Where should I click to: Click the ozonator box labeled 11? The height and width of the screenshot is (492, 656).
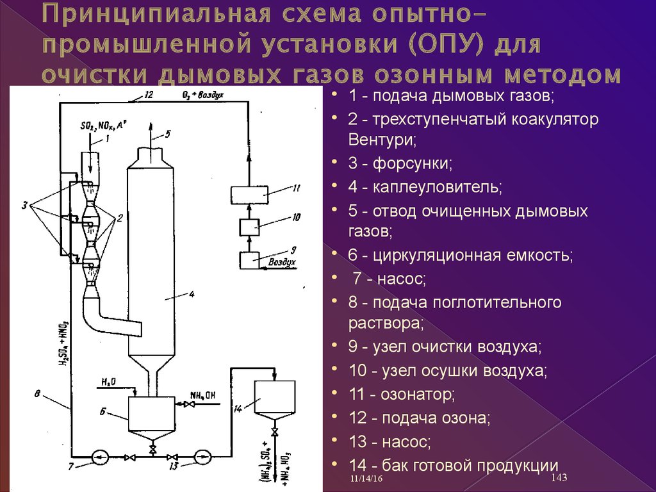(x=249, y=195)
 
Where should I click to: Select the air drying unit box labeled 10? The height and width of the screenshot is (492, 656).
(x=249, y=227)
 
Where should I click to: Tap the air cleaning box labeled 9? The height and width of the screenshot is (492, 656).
(x=249, y=260)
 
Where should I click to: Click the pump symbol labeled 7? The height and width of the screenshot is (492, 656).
(x=99, y=457)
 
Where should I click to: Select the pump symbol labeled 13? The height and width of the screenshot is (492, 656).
(x=202, y=457)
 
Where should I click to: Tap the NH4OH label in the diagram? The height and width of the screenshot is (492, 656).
(x=202, y=395)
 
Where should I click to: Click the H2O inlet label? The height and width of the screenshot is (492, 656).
(x=109, y=382)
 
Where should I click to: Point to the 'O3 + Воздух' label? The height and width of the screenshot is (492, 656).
(x=203, y=95)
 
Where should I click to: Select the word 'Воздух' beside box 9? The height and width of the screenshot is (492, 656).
(x=282, y=262)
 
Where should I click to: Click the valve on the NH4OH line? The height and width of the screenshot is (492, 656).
(x=190, y=404)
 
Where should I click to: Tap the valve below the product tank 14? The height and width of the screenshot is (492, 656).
(x=275, y=432)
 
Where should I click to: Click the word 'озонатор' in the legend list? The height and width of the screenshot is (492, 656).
(x=417, y=394)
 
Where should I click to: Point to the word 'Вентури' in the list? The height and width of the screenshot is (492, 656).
(x=382, y=139)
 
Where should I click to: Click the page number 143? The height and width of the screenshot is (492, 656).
(x=559, y=477)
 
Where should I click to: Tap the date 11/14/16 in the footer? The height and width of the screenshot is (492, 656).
(x=366, y=479)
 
